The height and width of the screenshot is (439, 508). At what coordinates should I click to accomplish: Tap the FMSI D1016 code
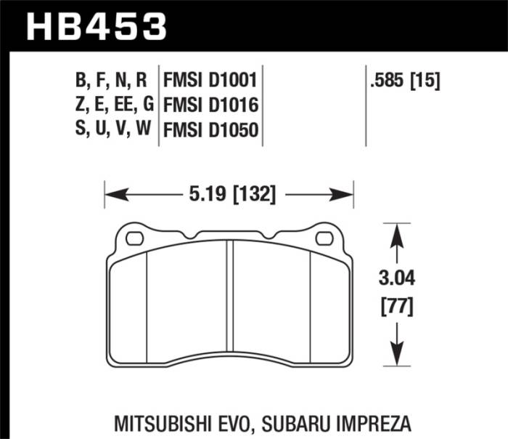(212, 105)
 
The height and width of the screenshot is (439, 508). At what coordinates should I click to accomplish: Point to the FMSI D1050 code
(212, 132)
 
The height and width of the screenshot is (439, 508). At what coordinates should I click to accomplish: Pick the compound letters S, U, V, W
(114, 132)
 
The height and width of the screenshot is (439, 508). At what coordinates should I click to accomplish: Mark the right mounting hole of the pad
(324, 238)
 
